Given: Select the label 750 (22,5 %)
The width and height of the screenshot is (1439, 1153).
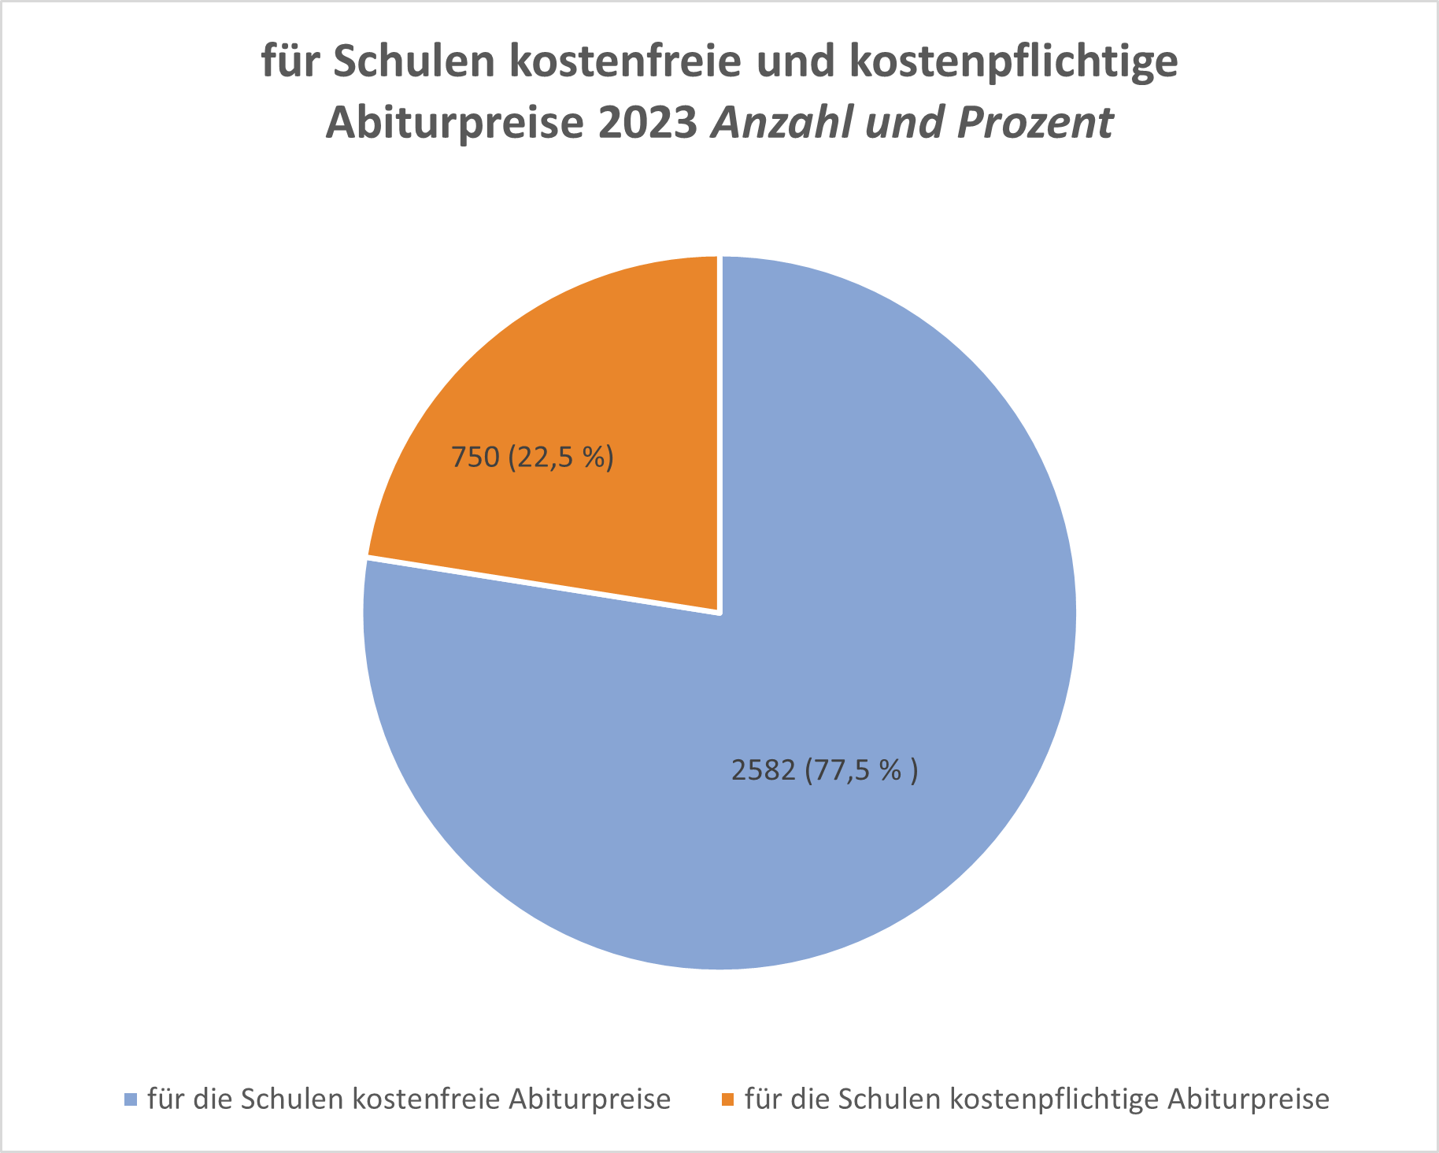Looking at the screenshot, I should [532, 457].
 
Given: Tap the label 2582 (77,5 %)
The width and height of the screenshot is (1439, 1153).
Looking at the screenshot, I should [824, 769].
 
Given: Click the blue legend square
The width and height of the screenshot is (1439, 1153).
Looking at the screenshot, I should [131, 1099].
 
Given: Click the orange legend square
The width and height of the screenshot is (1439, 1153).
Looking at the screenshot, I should [728, 1099].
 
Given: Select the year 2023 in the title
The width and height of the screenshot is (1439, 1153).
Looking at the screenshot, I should [647, 124].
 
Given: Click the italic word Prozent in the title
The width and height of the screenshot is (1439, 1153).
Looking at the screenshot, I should [1035, 124].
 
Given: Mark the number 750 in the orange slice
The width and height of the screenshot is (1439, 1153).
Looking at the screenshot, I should [475, 457].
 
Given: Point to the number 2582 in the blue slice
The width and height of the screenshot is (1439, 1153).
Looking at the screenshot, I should [764, 769].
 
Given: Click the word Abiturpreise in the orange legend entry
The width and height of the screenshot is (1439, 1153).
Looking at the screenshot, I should [1248, 1099].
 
